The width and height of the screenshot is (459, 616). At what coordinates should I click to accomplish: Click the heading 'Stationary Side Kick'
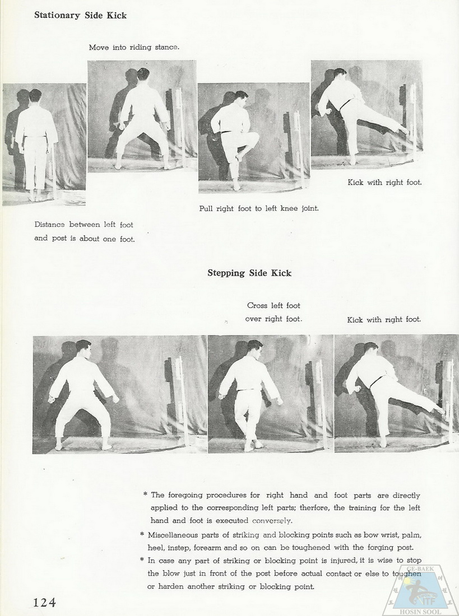pyautogui.click(x=80, y=15)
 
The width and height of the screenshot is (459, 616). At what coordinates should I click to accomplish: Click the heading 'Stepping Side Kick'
pyautogui.click(x=249, y=273)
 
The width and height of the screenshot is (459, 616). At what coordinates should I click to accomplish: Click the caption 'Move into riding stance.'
pyautogui.click(x=134, y=47)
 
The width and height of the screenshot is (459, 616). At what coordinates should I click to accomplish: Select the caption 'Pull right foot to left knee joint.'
pyautogui.click(x=259, y=208)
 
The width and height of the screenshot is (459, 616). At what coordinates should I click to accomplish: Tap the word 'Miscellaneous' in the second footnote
pyautogui.click(x=178, y=534)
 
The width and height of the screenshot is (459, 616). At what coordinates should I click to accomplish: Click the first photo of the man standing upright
pyautogui.click(x=44, y=144)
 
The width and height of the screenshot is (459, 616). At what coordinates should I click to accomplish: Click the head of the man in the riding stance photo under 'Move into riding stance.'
pyautogui.click(x=142, y=74)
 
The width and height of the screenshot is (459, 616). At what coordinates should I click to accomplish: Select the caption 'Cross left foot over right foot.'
pyautogui.click(x=273, y=312)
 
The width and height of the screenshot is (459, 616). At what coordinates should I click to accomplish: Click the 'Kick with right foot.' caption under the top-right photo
pyautogui.click(x=384, y=182)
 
